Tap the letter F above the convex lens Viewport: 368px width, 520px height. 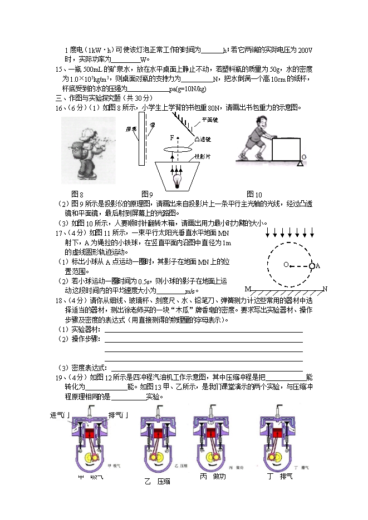[171, 137]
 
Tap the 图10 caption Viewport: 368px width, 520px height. [254, 194]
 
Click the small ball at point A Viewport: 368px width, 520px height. [312, 265]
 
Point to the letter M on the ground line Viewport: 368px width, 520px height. [247, 289]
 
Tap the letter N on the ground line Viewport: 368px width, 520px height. [325, 289]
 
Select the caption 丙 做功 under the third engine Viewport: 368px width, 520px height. [213, 477]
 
